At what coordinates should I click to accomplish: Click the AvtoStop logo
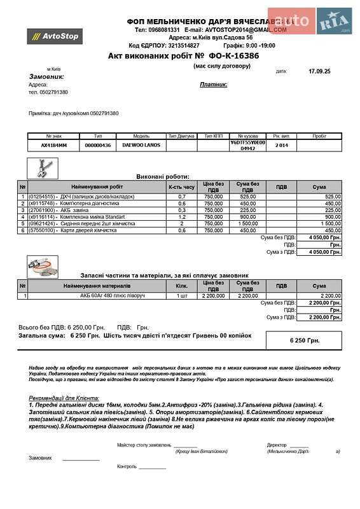pyautogui.click(x=55, y=36)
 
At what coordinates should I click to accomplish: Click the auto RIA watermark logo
pyautogui.click(x=310, y=21)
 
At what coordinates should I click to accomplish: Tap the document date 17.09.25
pyautogui.click(x=319, y=72)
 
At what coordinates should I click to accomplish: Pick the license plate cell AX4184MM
pyautogui.click(x=53, y=145)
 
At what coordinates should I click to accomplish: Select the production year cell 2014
pyautogui.click(x=281, y=145)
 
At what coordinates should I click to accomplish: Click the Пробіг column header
pyautogui.click(x=319, y=136)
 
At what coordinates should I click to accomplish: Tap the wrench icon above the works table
pyautogui.click(x=43, y=169)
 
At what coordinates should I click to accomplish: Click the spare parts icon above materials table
pyautogui.click(x=43, y=266)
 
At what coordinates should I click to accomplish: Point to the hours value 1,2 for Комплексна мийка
pyautogui.click(x=181, y=217)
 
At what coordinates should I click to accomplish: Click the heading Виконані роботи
pyautogui.click(x=163, y=176)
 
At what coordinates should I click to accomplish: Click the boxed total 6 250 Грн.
pyautogui.click(x=304, y=340)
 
